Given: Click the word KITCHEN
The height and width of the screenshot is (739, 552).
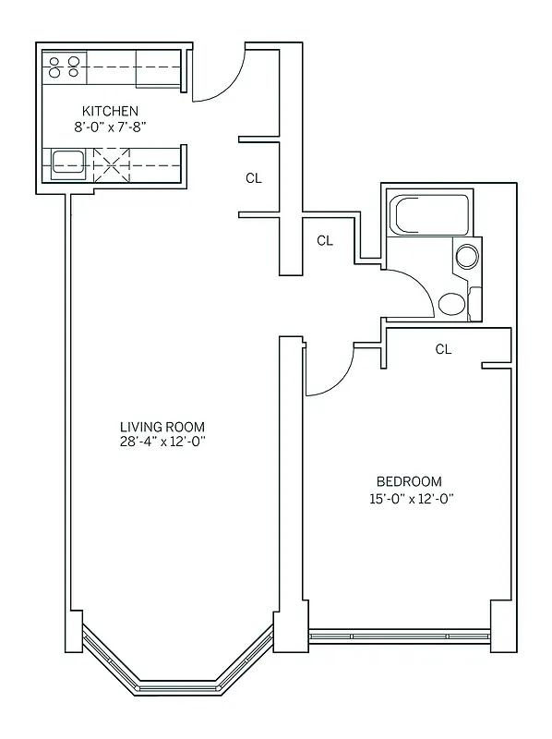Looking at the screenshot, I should coord(110,112).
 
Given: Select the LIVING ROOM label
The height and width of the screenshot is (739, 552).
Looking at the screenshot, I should coord(162,426).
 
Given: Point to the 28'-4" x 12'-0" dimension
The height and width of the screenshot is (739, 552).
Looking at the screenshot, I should coord(162,441).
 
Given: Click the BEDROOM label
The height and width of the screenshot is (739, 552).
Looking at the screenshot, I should coord(408,481).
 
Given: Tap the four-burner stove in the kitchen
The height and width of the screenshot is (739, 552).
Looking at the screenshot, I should coord(64,66).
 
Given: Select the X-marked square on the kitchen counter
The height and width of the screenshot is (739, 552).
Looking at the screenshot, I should coord(111,164).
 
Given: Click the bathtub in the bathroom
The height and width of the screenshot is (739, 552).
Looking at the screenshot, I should coord(430,215).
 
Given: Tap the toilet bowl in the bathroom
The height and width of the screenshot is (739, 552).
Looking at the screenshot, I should coord(452,304).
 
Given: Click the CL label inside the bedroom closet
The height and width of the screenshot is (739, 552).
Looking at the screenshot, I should coord(443,349).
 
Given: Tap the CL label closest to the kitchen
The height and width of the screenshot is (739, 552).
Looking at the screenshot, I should coord(254,178).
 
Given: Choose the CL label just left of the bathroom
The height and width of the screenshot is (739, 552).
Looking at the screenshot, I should coord(324,240).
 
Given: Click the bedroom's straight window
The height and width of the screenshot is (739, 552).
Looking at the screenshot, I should coord(399,636).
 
